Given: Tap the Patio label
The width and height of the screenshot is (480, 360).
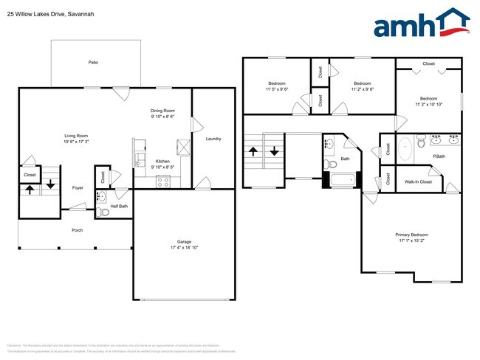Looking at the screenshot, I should point(93,62).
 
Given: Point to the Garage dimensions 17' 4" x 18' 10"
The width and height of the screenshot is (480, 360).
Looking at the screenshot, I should point(184,248).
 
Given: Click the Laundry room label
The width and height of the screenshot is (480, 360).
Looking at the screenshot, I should point(213,139).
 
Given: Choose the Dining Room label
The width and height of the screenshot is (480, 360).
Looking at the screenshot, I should point(162,111).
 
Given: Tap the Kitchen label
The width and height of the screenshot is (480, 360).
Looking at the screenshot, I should point(162,162).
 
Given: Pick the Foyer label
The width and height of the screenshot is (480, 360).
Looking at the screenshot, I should point(78,188).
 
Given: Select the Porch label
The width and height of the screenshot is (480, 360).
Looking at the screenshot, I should point(77,230).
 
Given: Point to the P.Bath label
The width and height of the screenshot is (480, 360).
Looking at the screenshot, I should point(439,156).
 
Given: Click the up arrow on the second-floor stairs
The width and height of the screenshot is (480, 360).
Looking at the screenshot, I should point(253,152).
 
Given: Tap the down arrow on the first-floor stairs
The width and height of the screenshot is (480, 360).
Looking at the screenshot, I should point(50,184).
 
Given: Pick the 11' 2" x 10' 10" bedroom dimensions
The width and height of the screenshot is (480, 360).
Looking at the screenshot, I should point(428,105).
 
